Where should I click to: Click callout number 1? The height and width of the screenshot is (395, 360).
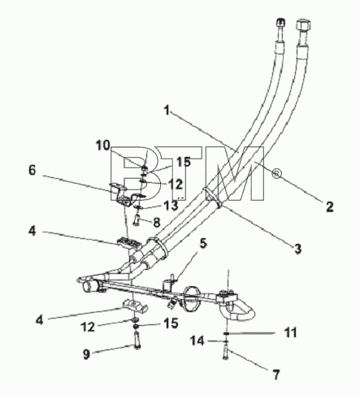click(167, 111)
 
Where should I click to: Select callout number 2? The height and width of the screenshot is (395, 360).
click(330, 207)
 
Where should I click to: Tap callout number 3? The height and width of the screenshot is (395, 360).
click(297, 249)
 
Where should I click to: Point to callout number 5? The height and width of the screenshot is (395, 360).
click(203, 243)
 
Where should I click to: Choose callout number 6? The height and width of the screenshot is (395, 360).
click(33, 171)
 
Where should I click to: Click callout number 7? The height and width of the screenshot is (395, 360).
click(276, 375)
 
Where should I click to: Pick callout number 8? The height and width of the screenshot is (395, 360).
click(157, 222)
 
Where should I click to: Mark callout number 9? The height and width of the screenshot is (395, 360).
click(86, 354)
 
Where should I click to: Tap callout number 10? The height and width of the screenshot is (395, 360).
click(103, 145)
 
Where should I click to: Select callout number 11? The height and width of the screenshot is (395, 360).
click(290, 332)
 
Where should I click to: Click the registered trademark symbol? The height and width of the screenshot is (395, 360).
click(276, 174)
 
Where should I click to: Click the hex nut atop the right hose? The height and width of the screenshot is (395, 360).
click(303, 25)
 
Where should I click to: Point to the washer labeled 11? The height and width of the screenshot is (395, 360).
click(227, 333)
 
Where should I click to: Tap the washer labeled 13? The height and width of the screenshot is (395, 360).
click(139, 207)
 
